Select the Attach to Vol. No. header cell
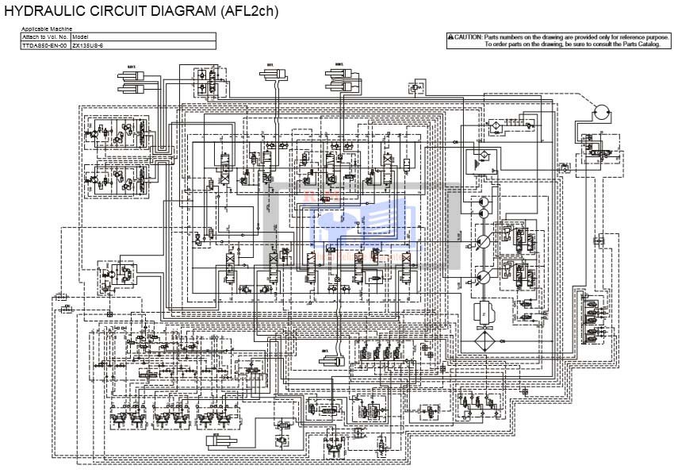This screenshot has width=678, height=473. [x=45, y=37]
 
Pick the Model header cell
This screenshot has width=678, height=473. [x=80, y=37]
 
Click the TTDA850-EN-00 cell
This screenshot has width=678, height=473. [x=45, y=45]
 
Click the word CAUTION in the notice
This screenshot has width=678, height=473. [x=468, y=37]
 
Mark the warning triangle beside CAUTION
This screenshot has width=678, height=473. [x=450, y=37]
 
